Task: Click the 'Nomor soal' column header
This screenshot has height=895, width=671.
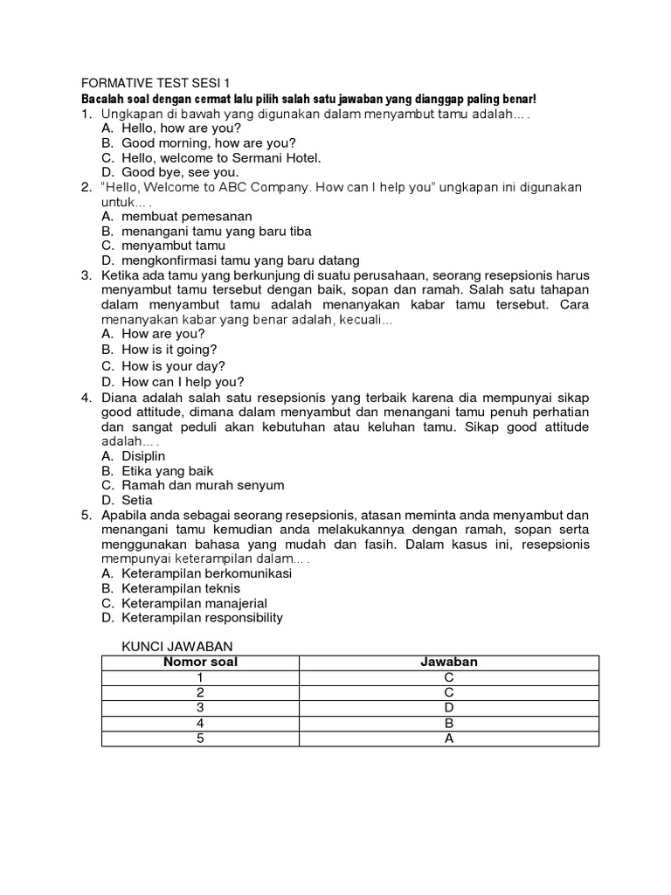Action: pyautogui.click(x=200, y=663)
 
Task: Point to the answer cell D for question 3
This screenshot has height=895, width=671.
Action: pyautogui.click(x=448, y=708)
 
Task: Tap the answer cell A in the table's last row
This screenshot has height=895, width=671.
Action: pyautogui.click(x=448, y=739)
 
